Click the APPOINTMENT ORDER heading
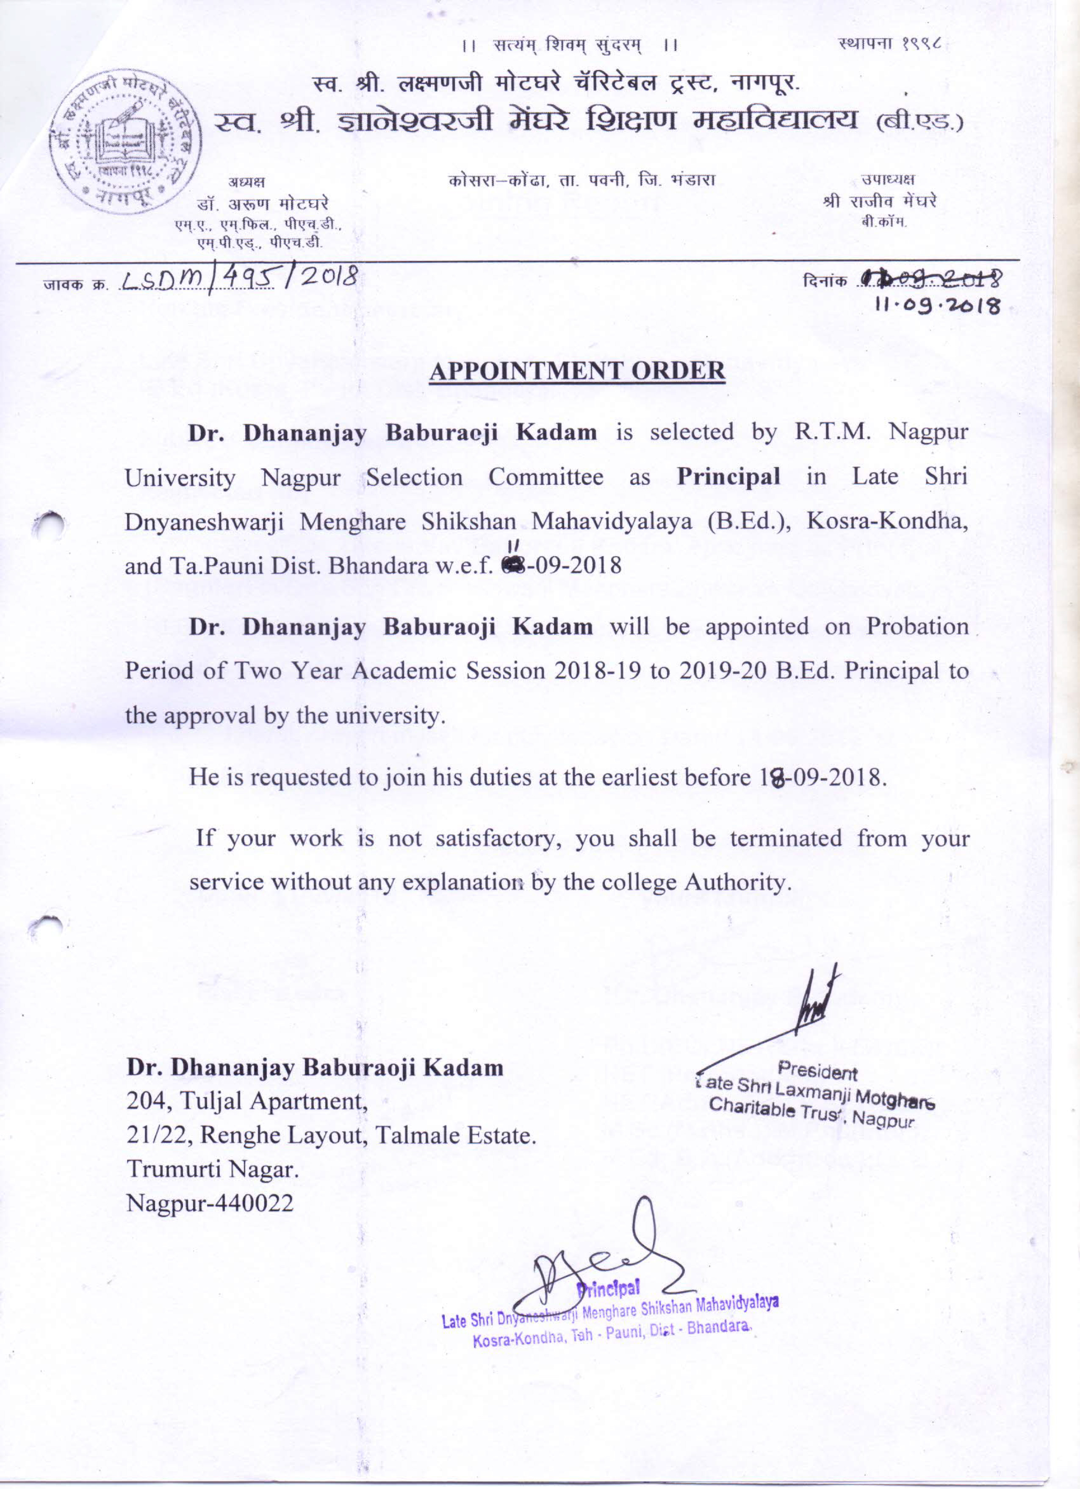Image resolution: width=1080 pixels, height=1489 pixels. pos(577,370)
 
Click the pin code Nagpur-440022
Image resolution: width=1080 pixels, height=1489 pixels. pos(210,1203)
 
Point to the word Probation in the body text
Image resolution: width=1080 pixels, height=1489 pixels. pos(917,626)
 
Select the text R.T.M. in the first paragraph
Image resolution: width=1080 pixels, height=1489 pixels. pos(832,432)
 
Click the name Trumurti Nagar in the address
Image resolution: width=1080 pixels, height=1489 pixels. pos(213,1169)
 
